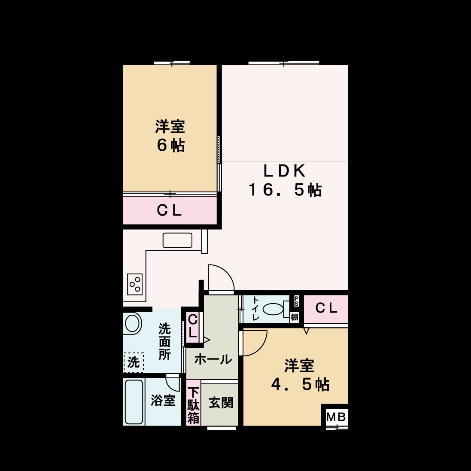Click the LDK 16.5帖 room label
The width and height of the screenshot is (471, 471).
pyautogui.click(x=285, y=180)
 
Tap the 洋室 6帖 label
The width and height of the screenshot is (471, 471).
pyautogui.click(x=170, y=136)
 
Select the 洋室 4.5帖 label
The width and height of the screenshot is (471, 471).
pyautogui.click(x=300, y=375)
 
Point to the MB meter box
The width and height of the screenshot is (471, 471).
pyautogui.click(x=337, y=417)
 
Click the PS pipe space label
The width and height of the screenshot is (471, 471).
pyautogui.click(x=296, y=301)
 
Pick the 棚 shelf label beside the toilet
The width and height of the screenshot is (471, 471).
pyautogui.click(x=295, y=316)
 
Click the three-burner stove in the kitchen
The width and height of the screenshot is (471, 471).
pyautogui.click(x=135, y=284)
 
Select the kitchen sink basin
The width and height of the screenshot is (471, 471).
pyautogui.click(x=177, y=240)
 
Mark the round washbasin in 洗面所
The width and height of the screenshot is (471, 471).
pyautogui.click(x=133, y=323)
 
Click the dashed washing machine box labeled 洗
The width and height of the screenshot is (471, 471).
pyautogui.click(x=134, y=362)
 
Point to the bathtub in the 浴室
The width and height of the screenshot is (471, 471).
pyautogui.click(x=134, y=402)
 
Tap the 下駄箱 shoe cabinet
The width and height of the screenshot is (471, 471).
pyautogui.click(x=194, y=402)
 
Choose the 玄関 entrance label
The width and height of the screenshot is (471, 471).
pyautogui.click(x=221, y=402)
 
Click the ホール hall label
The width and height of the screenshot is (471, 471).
pyautogui.click(x=213, y=359)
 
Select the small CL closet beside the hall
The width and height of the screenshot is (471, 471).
pyautogui.click(x=192, y=327)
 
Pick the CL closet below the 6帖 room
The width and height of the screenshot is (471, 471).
pyautogui.click(x=170, y=210)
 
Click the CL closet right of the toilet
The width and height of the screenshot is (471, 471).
pyautogui.click(x=326, y=308)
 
